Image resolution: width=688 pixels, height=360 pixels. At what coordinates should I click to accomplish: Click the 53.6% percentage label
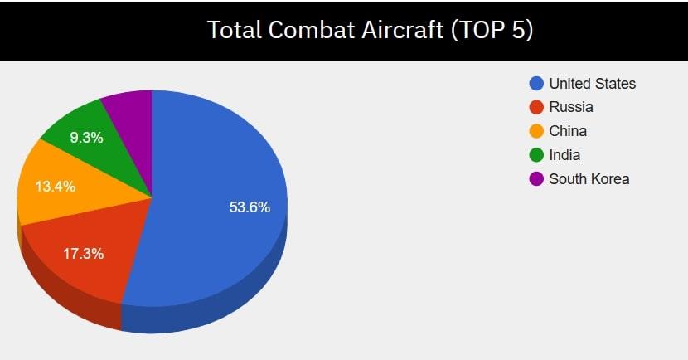tap(250, 207)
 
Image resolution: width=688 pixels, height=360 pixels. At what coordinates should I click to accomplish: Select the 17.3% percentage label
tap(83, 254)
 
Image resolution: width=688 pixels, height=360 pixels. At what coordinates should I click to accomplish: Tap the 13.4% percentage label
tap(55, 187)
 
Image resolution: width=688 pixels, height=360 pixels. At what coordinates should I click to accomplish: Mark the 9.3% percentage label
tap(86, 138)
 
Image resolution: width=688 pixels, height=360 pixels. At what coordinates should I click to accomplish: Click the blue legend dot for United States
tap(536, 84)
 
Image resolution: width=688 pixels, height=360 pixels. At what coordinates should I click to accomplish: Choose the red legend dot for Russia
tap(536, 107)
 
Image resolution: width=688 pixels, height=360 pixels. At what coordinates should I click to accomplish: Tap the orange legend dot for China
tap(536, 131)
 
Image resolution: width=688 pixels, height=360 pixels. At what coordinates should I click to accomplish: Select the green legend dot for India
tap(536, 155)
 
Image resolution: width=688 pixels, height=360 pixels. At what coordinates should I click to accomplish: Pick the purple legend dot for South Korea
tap(536, 179)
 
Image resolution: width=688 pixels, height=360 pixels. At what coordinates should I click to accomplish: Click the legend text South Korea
tap(589, 179)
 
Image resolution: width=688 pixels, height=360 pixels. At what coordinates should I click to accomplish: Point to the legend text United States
tap(593, 84)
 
